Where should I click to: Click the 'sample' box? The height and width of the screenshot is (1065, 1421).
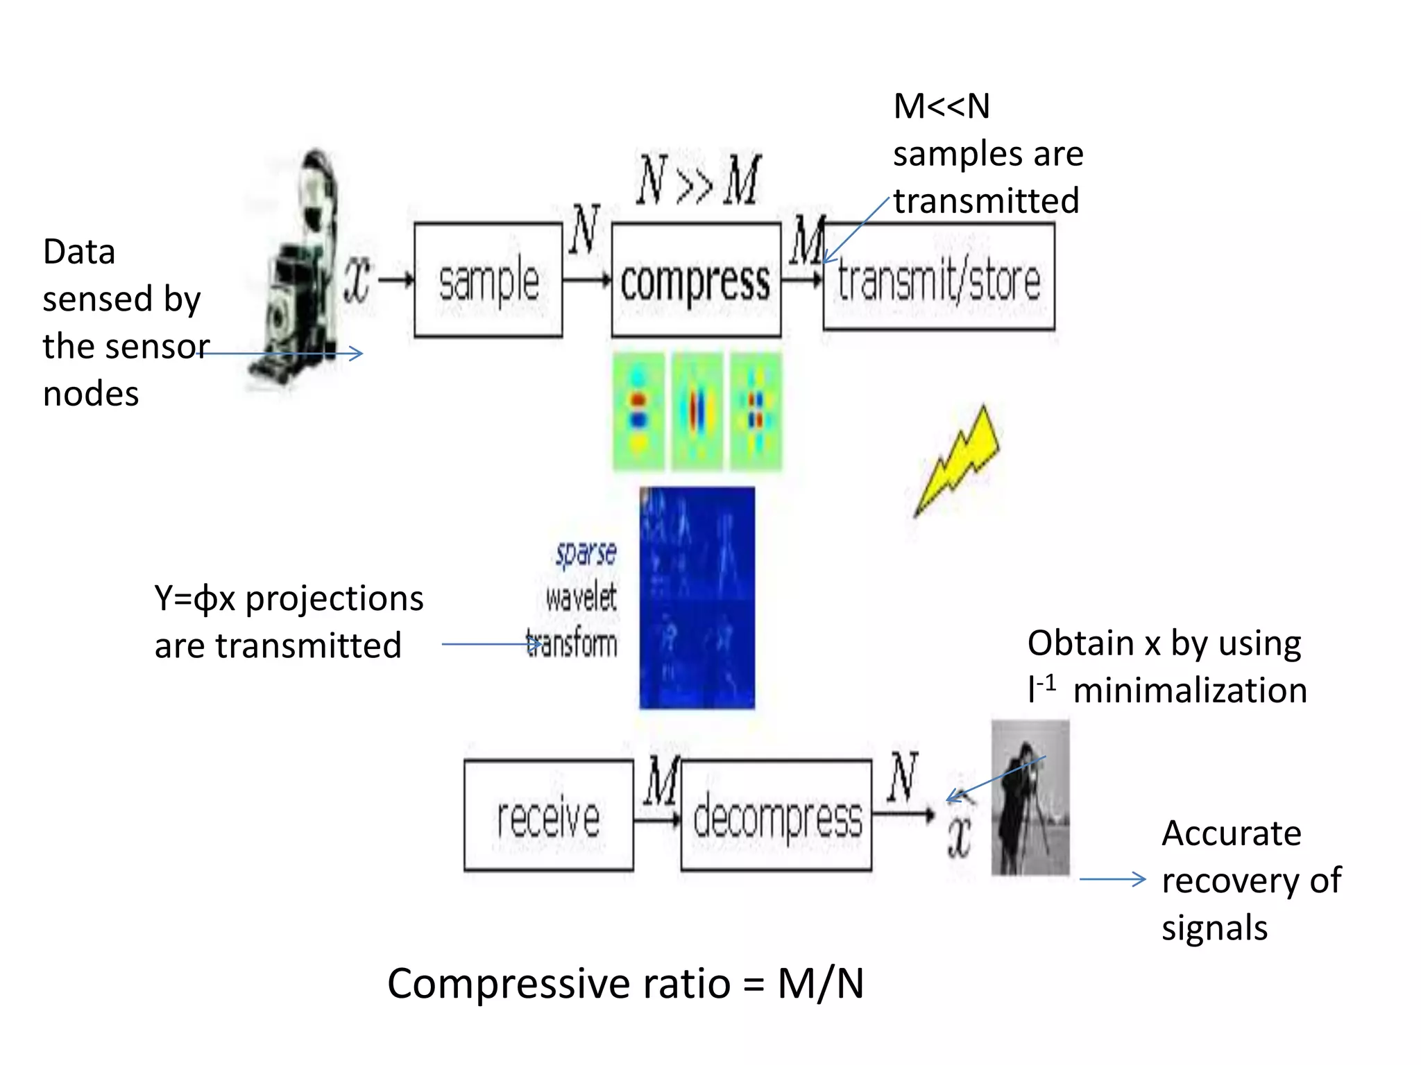[x=488, y=280]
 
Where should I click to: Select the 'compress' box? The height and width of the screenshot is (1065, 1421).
[x=696, y=280]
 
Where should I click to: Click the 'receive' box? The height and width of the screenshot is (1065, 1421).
[x=548, y=815]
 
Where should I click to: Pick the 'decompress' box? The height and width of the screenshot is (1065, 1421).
[x=776, y=815]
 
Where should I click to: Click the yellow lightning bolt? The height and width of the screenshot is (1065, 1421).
[x=958, y=461]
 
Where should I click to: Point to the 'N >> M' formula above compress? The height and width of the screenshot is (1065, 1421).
[x=698, y=180]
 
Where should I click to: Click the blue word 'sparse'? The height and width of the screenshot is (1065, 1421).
[x=586, y=553]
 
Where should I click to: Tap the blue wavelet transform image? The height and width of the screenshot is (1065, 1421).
[x=697, y=598]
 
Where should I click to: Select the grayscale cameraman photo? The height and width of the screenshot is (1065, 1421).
[x=1030, y=797]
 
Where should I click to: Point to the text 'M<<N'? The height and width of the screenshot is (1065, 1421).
[x=941, y=107]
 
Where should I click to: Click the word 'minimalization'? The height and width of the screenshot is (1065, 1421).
[x=1189, y=691]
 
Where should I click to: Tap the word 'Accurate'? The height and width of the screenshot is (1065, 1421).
[x=1231, y=833]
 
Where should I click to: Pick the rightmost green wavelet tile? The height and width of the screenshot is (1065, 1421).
[x=756, y=411]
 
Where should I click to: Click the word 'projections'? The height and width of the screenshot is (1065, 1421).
[x=334, y=598]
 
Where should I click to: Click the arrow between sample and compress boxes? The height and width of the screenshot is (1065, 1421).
[x=586, y=280]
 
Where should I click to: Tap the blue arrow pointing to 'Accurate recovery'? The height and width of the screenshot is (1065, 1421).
[x=1112, y=879]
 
